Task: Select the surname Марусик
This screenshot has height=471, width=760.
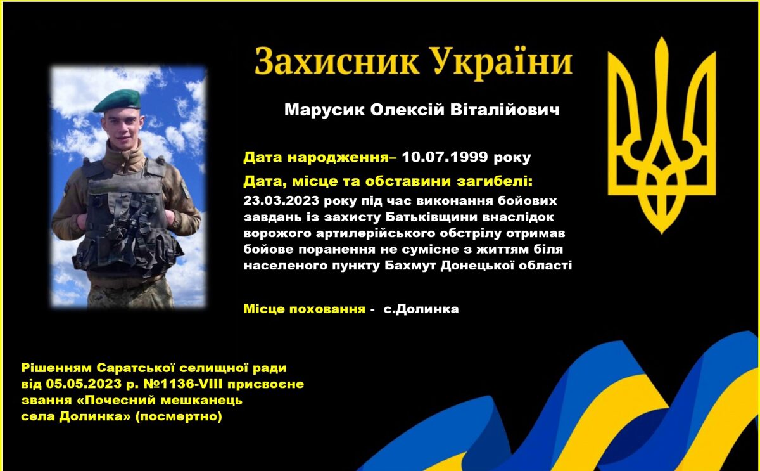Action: pos(325,110)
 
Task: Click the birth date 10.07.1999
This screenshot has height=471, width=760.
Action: pos(445,157)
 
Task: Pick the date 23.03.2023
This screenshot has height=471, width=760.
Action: pos(281,201)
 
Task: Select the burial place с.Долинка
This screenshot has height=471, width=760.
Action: pos(421,309)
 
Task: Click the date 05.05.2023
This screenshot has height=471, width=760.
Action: pos(84,384)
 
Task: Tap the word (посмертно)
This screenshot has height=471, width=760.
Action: pos(179,416)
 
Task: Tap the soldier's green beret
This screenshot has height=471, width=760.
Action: pos(117,101)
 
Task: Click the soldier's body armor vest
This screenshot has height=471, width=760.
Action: pos(127,217)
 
